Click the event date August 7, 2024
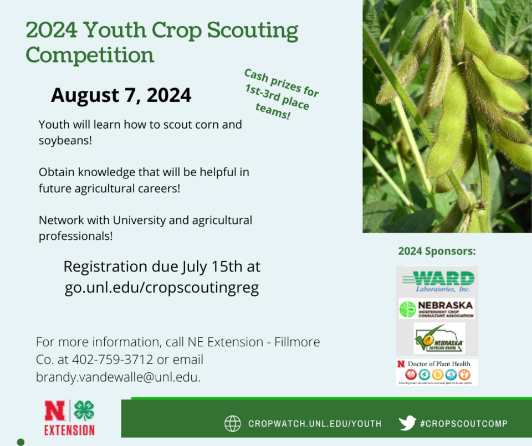121,95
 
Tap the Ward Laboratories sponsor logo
437,281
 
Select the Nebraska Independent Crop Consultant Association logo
437,309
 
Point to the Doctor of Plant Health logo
437,372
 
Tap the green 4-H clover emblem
84,411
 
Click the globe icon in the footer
232,424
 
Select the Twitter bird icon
407,423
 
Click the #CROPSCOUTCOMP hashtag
464,424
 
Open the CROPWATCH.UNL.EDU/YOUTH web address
315,424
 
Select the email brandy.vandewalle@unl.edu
118,377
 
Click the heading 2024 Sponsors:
437,251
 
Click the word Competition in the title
90,55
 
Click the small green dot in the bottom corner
21,442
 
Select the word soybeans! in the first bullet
65,140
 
